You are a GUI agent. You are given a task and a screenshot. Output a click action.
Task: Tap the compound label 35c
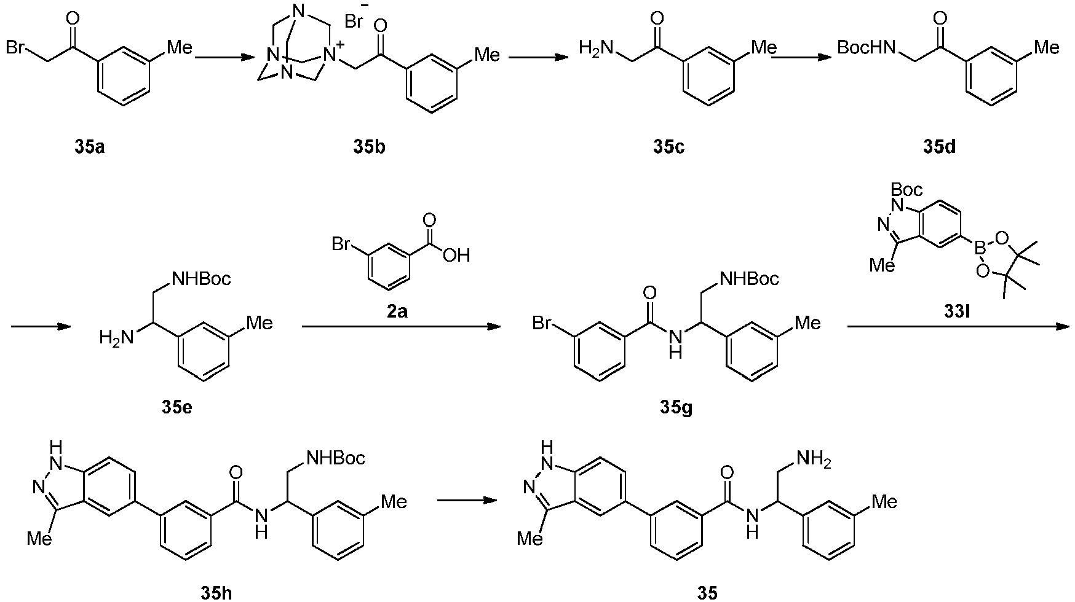point(668,147)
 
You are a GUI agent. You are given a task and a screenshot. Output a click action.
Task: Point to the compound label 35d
point(939,147)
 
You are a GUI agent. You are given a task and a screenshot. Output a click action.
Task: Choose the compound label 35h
point(216,593)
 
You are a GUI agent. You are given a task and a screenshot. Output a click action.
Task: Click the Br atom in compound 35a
point(17,48)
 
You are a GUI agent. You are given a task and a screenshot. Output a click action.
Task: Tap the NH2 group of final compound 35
point(814,459)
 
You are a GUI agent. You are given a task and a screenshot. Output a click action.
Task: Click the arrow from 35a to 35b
point(224,58)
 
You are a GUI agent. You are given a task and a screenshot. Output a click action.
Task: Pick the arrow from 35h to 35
point(466,500)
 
